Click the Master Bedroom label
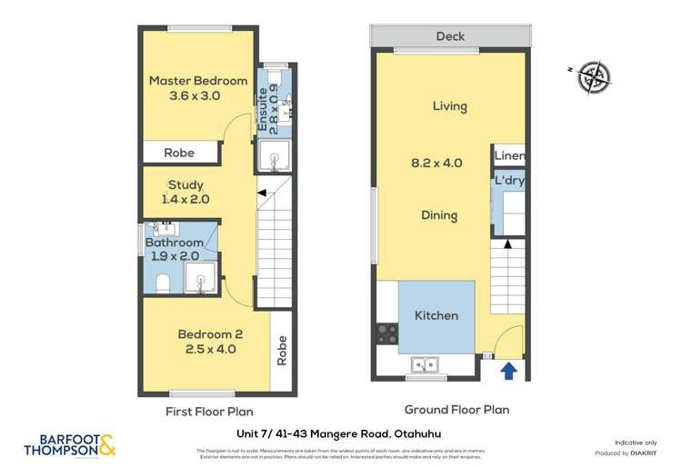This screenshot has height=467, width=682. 198,80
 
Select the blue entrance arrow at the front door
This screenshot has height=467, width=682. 508,370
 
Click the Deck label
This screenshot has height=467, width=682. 450,36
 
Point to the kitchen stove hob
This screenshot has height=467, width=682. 382,333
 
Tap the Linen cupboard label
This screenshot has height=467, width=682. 510,156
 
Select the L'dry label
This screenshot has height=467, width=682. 510,181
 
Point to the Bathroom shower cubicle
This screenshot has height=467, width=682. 200,278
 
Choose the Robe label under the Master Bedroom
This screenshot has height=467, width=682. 179,153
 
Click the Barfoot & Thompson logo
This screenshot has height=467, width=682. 69,443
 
